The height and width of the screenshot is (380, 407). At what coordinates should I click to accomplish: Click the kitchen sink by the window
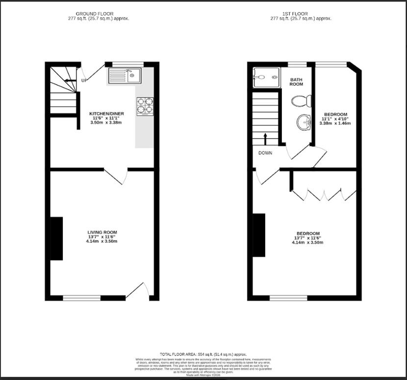(x=125, y=76)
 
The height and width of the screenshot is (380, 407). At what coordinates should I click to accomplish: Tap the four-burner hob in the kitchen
(x=145, y=106)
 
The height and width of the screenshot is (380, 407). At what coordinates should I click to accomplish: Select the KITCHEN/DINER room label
(x=106, y=114)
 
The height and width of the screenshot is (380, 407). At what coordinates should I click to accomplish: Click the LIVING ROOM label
(x=102, y=232)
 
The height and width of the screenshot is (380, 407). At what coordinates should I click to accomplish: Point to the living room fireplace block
(x=56, y=238)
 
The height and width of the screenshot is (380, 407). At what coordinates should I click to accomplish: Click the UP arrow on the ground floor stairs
(x=70, y=80)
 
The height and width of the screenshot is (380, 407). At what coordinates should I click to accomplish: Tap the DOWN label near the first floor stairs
(x=266, y=153)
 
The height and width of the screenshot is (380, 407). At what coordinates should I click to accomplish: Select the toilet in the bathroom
(x=301, y=101)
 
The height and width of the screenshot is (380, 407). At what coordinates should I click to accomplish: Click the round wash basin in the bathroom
(x=304, y=122)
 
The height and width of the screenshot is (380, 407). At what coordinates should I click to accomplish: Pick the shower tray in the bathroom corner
(x=265, y=77)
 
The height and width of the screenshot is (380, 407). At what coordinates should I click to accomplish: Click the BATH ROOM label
(x=296, y=82)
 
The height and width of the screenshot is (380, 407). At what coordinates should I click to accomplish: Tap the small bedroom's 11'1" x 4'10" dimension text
(x=334, y=119)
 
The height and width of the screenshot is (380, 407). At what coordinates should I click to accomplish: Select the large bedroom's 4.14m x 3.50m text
(x=307, y=242)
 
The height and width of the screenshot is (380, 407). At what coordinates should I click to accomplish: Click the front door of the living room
(x=137, y=291)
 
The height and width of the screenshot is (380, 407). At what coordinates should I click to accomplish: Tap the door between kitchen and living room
(x=116, y=176)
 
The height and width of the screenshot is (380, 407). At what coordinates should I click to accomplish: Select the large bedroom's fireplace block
(x=258, y=235)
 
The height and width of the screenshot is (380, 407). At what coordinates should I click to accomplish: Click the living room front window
(x=81, y=297)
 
